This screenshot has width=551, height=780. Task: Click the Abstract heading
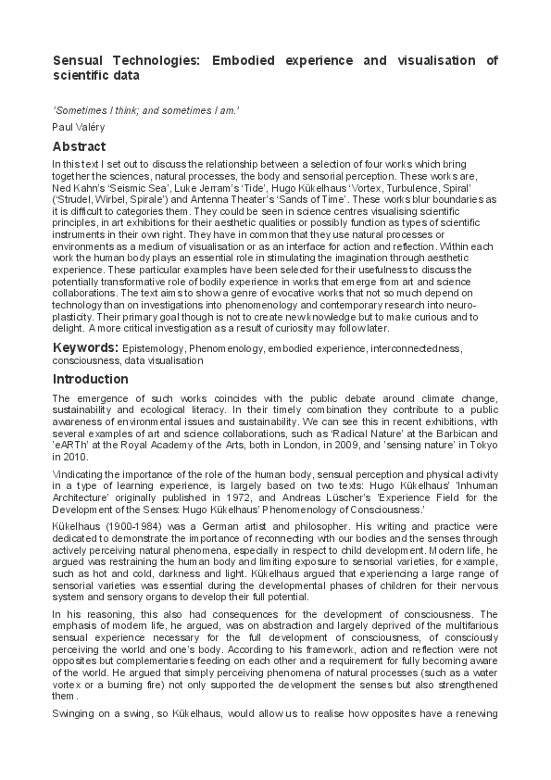point(79,146)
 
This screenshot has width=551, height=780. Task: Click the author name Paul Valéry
point(80,126)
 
